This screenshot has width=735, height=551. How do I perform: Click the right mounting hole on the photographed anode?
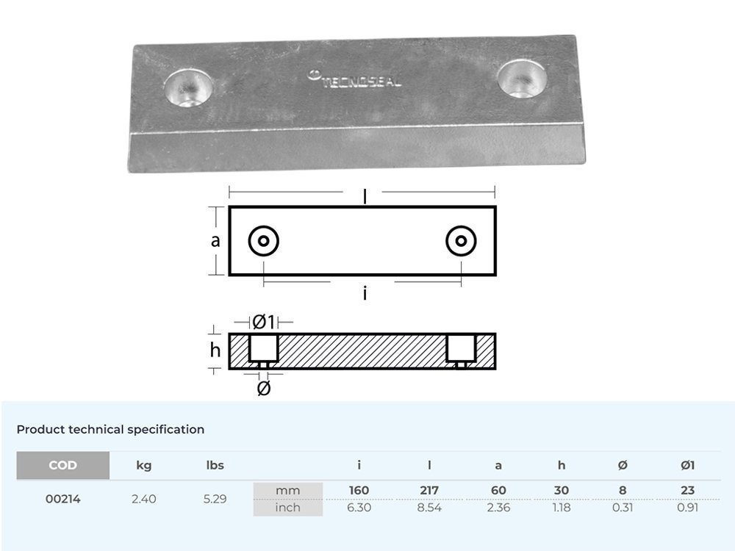522,77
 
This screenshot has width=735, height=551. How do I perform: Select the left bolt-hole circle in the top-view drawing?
263,240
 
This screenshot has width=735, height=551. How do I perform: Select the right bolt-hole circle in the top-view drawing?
461,240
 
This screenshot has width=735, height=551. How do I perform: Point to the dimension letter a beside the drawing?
215,240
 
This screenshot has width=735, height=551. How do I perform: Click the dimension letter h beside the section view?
215,350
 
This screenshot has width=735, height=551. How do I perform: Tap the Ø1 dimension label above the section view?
263,322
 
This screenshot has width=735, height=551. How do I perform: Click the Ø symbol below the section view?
263,388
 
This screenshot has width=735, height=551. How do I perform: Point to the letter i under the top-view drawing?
365,294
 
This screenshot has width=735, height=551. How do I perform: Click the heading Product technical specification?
110,429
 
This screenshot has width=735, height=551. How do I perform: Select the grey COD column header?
62,465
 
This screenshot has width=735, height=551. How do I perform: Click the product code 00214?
62,499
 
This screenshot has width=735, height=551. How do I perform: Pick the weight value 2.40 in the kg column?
144,499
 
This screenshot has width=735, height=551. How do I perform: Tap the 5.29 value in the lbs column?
215,499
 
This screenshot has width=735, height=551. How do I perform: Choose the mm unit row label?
287,490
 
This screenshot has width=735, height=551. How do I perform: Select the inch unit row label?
287,508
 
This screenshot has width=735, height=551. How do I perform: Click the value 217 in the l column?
429,490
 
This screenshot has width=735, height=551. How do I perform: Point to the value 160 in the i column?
359,490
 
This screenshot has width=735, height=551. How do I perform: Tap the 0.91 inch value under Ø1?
687,508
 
